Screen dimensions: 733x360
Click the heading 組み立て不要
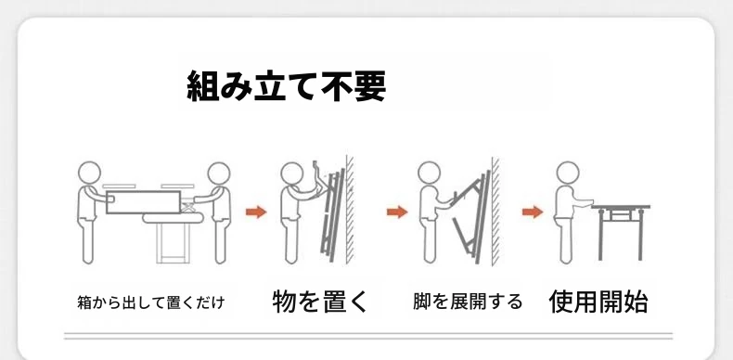(286, 86)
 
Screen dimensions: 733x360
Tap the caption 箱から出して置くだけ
(151, 303)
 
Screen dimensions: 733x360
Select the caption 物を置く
(321, 302)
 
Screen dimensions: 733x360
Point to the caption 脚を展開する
(468, 302)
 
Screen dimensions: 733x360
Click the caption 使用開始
(598, 302)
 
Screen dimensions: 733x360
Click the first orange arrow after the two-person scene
(256, 212)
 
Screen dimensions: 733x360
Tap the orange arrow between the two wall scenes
(397, 212)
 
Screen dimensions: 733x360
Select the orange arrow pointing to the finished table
(533, 212)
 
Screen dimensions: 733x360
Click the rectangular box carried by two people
(143, 202)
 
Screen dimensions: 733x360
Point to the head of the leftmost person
(89, 173)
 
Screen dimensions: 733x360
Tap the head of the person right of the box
(219, 174)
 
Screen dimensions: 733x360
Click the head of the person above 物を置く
(292, 174)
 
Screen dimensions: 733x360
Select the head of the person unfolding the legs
(430, 173)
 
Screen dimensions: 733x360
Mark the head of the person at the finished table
(568, 173)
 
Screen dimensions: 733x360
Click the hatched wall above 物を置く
(350, 209)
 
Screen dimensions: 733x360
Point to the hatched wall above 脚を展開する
(495, 211)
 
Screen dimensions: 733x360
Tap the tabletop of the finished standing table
(621, 207)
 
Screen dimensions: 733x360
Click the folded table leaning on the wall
(332, 215)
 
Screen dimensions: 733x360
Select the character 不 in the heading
(337, 86)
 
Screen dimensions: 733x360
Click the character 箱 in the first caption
(84, 303)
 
